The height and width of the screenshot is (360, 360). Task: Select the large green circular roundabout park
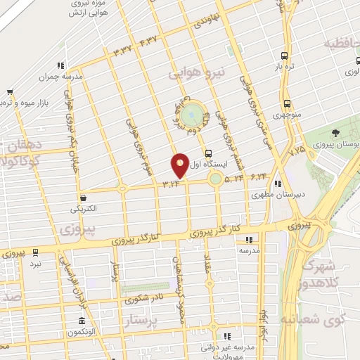click(191, 114)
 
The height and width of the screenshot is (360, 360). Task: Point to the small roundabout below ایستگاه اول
click(214, 179)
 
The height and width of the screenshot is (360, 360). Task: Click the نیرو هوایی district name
click(199, 72)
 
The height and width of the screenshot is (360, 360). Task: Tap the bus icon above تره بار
click(284, 56)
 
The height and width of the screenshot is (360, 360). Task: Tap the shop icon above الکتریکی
click(84, 198)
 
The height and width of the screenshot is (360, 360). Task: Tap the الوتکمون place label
click(98, 330)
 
